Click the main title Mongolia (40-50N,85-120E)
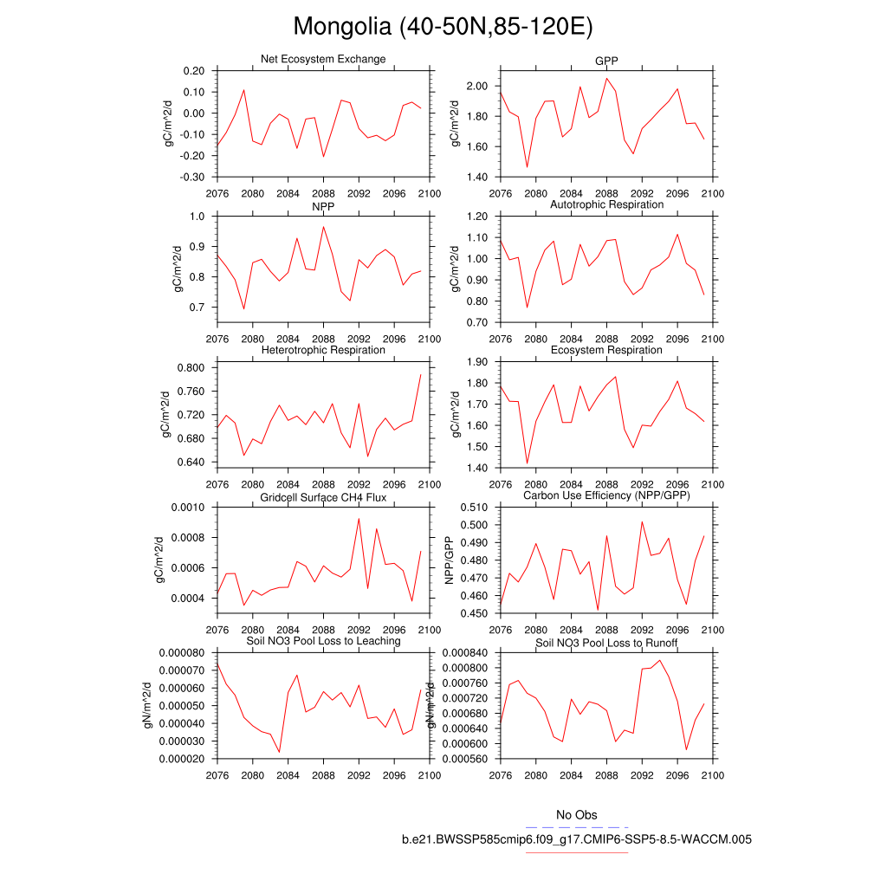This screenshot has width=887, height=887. (x=443, y=27)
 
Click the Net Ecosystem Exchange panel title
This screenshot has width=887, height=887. (x=323, y=59)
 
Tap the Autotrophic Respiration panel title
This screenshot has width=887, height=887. (x=606, y=204)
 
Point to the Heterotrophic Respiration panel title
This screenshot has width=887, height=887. (x=323, y=350)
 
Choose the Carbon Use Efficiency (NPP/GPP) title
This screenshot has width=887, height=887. (x=606, y=495)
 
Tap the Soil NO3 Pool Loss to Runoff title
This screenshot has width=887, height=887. (x=606, y=644)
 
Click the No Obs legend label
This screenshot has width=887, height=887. (x=577, y=815)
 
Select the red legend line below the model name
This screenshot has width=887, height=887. (x=577, y=852)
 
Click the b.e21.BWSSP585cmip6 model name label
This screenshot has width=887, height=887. (x=577, y=839)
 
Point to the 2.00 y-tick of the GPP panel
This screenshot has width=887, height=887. (x=479, y=86)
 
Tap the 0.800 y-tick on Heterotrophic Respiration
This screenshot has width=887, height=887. (x=190, y=367)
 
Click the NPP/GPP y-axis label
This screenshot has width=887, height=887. (x=449, y=560)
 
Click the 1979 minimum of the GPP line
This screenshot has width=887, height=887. (x=527, y=167)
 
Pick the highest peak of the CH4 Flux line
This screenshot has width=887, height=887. (x=359, y=518)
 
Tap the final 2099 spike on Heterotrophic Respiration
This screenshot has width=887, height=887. (x=420, y=374)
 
